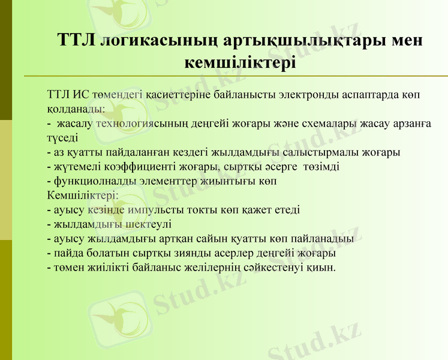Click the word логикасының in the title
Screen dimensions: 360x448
(157, 40)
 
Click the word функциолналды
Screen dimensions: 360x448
(89, 181)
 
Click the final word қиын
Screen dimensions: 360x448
(323, 268)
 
